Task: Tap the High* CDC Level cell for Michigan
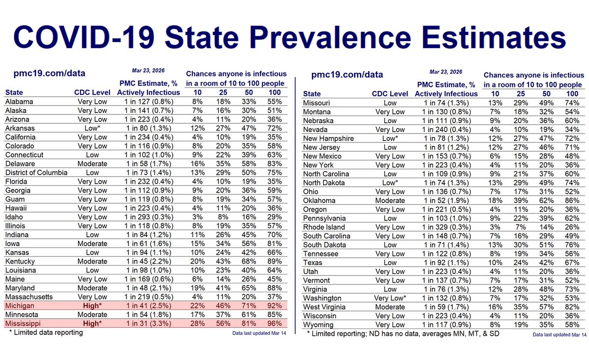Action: pos(93,306)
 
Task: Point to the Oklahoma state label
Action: pos(319,200)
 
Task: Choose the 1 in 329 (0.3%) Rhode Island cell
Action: pos(446,227)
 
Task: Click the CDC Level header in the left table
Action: pos(93,92)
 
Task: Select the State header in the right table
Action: pos(312,94)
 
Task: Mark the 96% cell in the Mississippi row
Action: pos(276,324)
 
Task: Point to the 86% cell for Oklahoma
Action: pos(572,200)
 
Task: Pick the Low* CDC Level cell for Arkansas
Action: pos(93,128)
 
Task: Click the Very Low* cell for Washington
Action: pos(390,298)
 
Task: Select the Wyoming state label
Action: pos(318,325)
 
